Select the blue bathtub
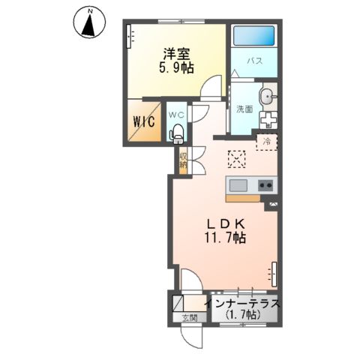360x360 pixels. tap(253, 37)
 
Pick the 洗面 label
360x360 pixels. tap(244, 109)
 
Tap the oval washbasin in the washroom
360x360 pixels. tap(268, 97)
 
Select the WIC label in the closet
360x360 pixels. tap(144, 121)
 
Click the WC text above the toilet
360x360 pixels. tap(176, 114)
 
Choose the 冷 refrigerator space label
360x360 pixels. tap(266, 140)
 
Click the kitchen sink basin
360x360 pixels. tap(238, 185)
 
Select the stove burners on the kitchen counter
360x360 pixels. tap(265, 185)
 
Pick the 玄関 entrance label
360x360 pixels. tap(187, 318)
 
